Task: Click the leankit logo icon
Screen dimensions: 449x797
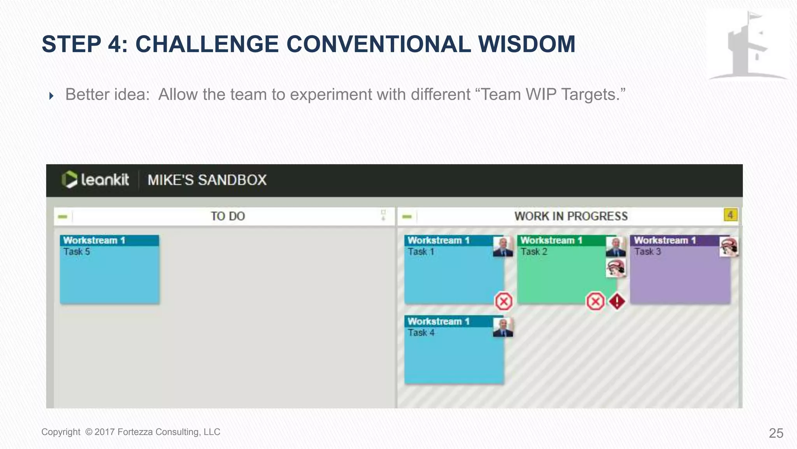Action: point(70,179)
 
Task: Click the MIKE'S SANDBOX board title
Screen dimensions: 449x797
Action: point(207,180)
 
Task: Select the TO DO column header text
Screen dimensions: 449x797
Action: point(228,216)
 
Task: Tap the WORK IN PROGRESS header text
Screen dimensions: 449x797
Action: point(571,216)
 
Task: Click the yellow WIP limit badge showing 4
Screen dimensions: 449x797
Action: point(730,215)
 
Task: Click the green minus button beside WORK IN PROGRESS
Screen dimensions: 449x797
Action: point(407,217)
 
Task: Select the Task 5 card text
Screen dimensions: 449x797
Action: point(77,252)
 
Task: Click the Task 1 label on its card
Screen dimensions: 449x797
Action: point(421,252)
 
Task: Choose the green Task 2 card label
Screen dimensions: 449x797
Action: point(534,252)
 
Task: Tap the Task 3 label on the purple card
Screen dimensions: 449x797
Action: point(648,252)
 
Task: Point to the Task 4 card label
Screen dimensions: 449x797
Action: point(421,333)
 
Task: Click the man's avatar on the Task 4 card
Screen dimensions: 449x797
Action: point(502,327)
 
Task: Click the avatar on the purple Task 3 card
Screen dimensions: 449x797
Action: point(729,247)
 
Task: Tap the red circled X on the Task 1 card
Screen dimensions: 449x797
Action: point(504,302)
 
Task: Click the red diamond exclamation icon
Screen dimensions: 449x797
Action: point(617,301)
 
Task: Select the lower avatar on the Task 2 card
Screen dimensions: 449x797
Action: point(616,268)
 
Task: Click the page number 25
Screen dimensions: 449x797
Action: point(776,433)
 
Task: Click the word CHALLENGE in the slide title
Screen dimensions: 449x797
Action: point(207,44)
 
